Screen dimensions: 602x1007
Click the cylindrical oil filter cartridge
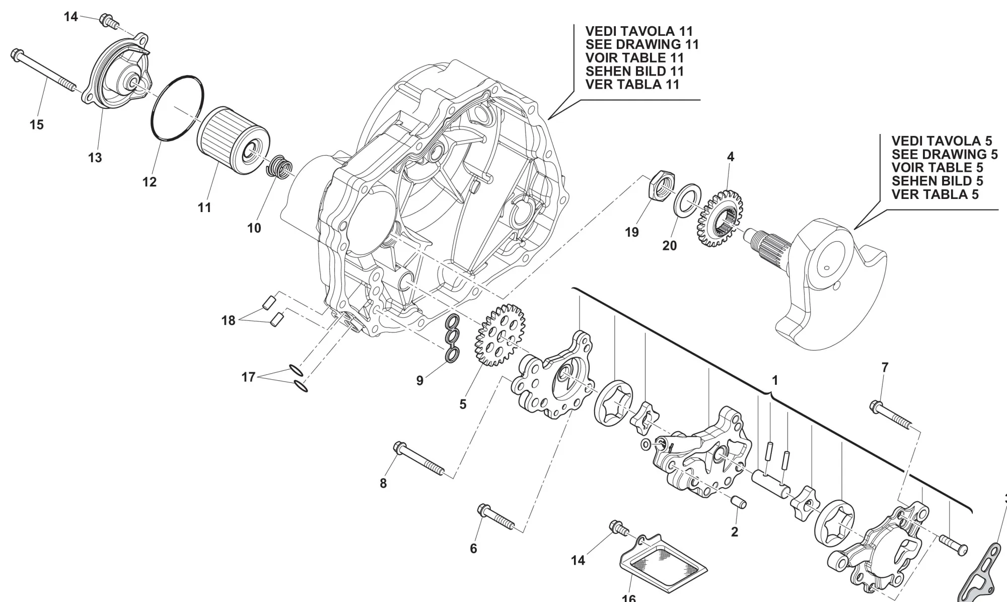tap(232, 138)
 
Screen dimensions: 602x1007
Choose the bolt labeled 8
tap(418, 458)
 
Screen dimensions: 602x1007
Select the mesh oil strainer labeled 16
tap(664, 566)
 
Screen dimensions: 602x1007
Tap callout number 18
tap(228, 320)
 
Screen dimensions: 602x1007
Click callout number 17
tap(248, 377)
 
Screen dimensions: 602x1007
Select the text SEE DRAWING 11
tap(642, 44)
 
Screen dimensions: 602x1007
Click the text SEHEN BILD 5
tap(937, 181)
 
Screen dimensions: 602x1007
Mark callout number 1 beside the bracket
tap(775, 380)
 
